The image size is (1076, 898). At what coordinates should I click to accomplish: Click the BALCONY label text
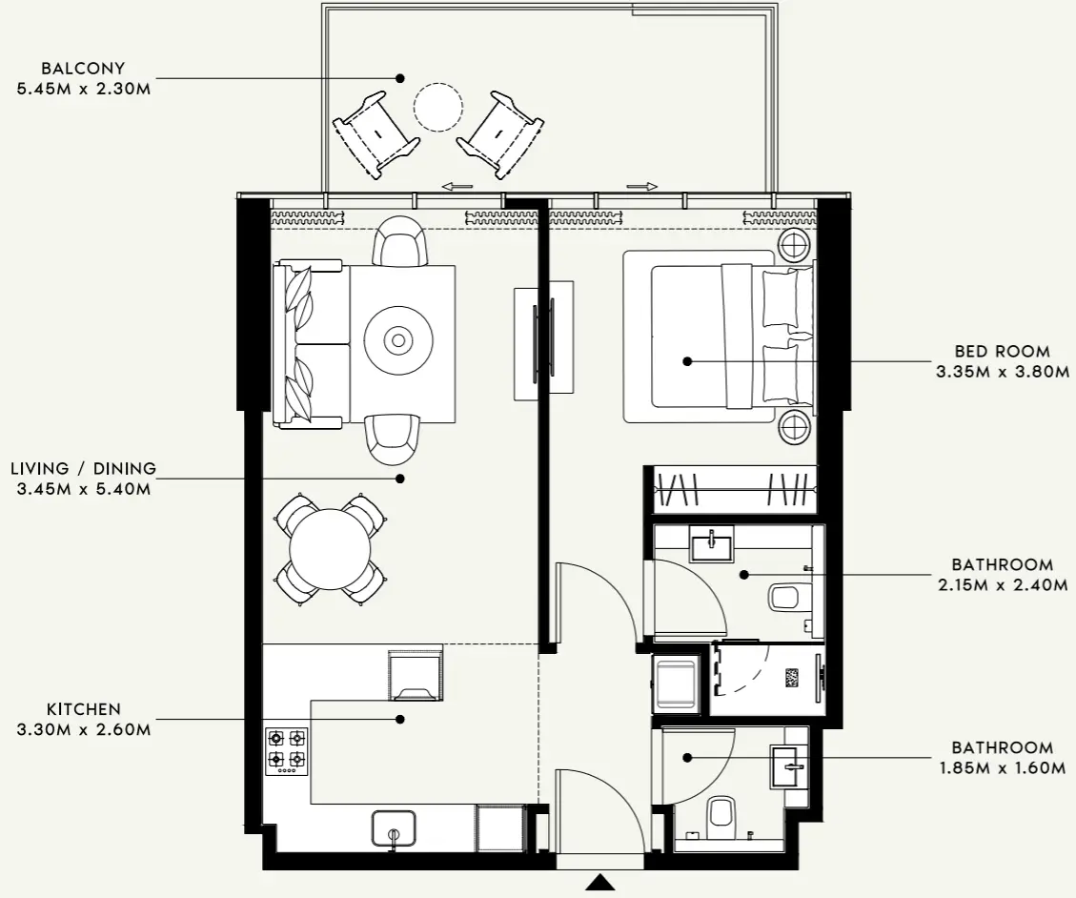pyautogui.click(x=84, y=69)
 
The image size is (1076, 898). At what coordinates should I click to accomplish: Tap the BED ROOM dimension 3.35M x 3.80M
pyautogui.click(x=1003, y=372)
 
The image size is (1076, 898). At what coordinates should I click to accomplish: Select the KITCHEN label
pyautogui.click(x=84, y=709)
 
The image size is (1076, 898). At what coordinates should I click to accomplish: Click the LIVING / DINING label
pyautogui.click(x=84, y=469)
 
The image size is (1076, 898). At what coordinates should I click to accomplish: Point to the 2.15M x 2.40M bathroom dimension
pyautogui.click(x=1003, y=585)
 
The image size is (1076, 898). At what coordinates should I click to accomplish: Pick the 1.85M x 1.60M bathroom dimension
pyautogui.click(x=1002, y=768)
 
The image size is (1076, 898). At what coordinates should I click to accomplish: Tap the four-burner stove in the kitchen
pyautogui.click(x=286, y=748)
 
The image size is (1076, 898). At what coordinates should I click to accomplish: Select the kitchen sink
pyautogui.click(x=394, y=829)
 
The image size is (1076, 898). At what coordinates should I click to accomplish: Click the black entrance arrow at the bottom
pyautogui.click(x=599, y=883)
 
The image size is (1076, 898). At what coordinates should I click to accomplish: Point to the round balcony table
pyautogui.click(x=437, y=107)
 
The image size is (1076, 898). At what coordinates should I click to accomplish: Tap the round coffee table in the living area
pyautogui.click(x=397, y=338)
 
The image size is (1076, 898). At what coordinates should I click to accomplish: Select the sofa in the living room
pyautogui.click(x=307, y=343)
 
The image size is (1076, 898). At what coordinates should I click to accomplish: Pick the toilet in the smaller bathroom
pyautogui.click(x=721, y=814)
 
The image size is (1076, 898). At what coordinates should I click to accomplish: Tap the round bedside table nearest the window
pyautogui.click(x=794, y=246)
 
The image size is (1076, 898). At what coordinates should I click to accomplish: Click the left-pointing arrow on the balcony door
pyautogui.click(x=458, y=187)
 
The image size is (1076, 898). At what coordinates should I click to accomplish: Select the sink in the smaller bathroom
pyautogui.click(x=788, y=765)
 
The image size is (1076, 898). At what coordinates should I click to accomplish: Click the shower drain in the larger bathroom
pyautogui.click(x=791, y=678)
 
